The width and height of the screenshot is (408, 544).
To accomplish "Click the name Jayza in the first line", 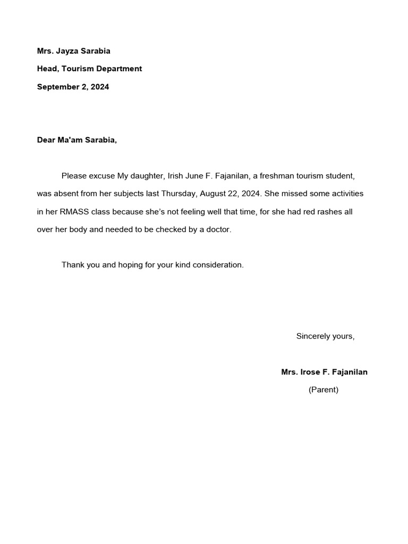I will pyautogui.click(x=69, y=51).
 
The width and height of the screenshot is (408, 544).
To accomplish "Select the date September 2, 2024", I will pyautogui.click(x=73, y=87).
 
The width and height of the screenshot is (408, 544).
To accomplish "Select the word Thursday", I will pyautogui.click(x=179, y=193).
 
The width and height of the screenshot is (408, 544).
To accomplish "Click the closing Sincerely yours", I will pyautogui.click(x=325, y=336).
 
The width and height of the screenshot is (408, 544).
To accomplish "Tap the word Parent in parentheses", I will pyautogui.click(x=324, y=390).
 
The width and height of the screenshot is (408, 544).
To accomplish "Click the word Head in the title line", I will pyautogui.click(x=46, y=69).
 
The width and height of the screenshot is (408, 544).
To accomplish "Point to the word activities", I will pyautogui.click(x=346, y=193).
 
